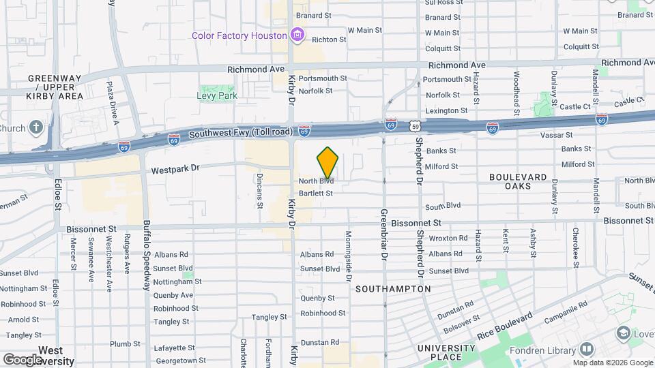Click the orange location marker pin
[x=327, y=162]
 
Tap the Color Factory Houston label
[x=238, y=35]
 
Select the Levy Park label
[x=217, y=96]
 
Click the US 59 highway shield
[x=416, y=126]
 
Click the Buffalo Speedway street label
[x=146, y=256]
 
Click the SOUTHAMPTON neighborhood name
[x=393, y=289]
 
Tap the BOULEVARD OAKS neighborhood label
[x=518, y=181]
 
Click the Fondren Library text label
[x=542, y=351]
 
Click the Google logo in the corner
[x=23, y=359]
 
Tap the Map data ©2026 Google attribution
[x=612, y=363]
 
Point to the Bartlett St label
[x=317, y=194]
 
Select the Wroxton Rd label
[x=448, y=239]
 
